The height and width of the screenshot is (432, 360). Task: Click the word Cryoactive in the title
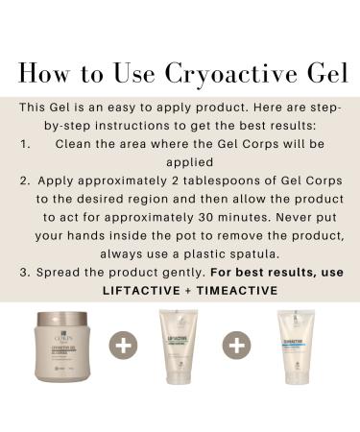[x=205, y=74]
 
